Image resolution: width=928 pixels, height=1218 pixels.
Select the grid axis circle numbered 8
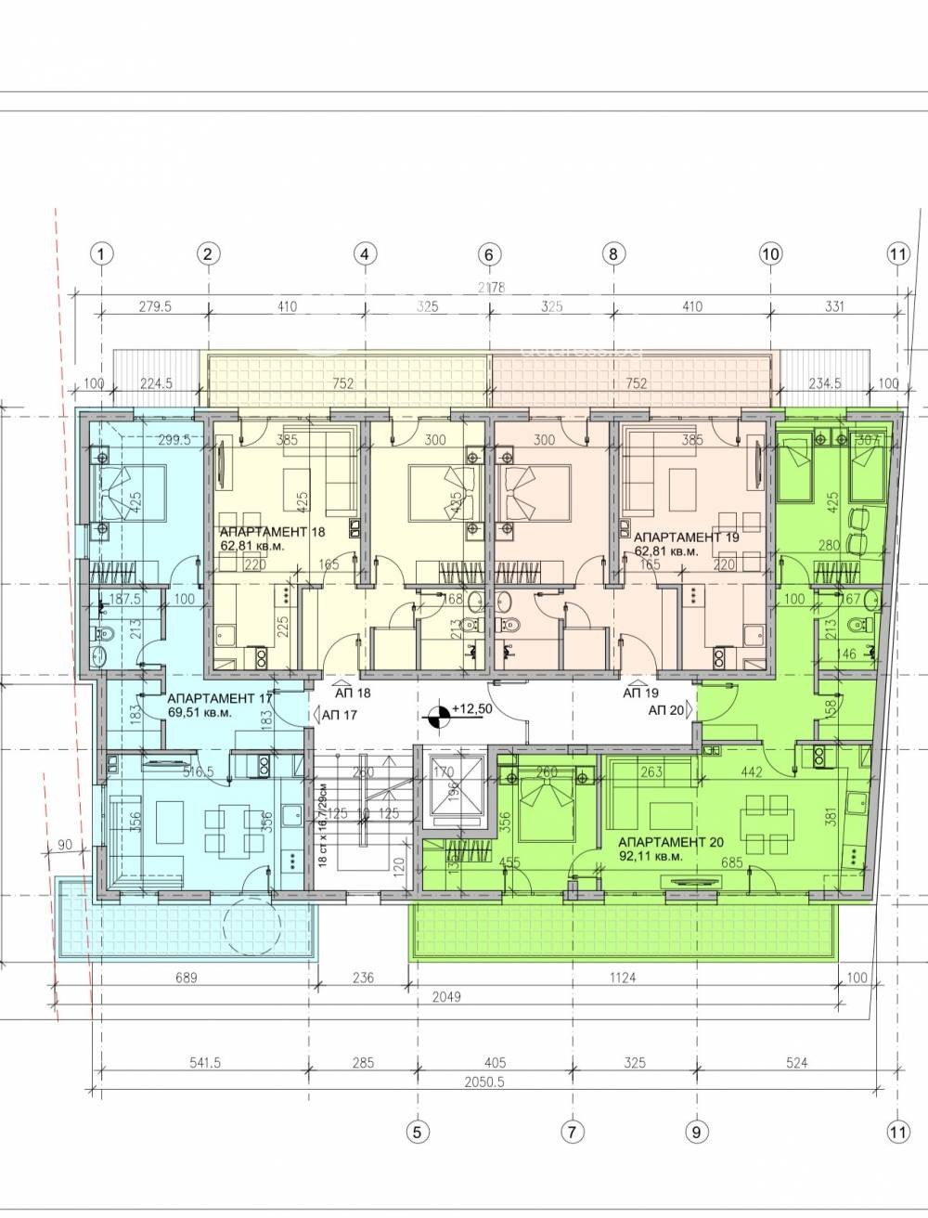pyautogui.click(x=613, y=253)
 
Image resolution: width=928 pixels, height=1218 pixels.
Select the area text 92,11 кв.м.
pyautogui.click(x=651, y=857)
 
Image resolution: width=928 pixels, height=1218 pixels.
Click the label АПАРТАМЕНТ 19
pyautogui.click(x=677, y=537)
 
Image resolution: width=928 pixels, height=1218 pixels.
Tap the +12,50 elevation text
pyautogui.click(x=473, y=709)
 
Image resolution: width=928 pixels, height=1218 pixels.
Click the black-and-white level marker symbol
pyautogui.click(x=441, y=715)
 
